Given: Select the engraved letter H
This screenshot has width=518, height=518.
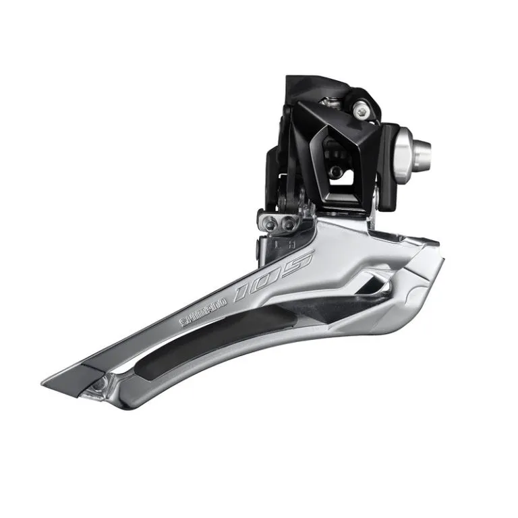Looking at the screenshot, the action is pyautogui.click(x=291, y=245).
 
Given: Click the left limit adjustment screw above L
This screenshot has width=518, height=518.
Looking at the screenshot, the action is pyautogui.click(x=270, y=225).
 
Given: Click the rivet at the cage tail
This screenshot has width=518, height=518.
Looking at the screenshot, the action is pyautogui.click(x=99, y=384).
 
